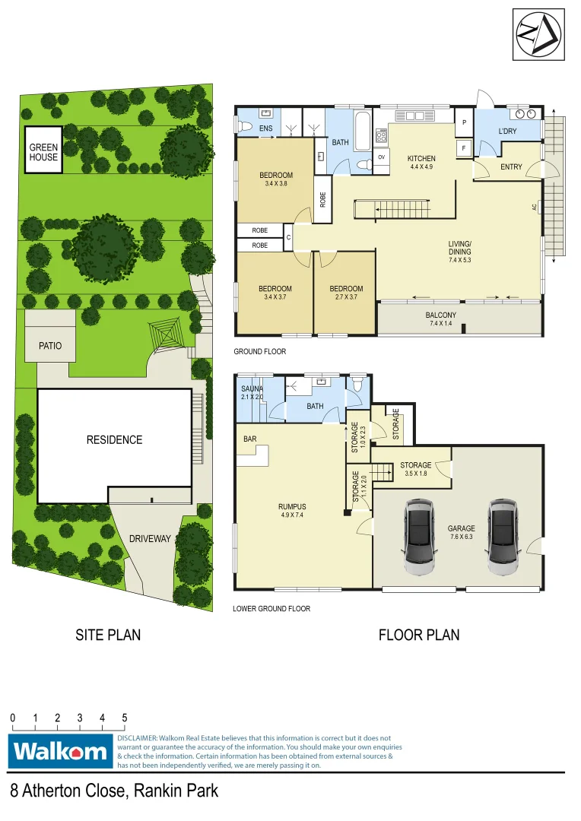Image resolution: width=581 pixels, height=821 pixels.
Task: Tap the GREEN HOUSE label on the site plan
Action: point(43,152)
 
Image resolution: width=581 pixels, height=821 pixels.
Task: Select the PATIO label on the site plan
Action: point(50,346)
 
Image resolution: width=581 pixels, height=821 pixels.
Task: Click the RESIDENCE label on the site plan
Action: point(114,439)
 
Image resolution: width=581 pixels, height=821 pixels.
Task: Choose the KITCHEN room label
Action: point(421,159)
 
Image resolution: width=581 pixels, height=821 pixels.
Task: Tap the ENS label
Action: point(265,128)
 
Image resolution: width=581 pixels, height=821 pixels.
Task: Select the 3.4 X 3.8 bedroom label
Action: point(275,179)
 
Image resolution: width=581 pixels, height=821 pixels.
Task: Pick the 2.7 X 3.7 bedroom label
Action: point(346,293)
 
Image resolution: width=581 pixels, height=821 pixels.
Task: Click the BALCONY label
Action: point(441,319)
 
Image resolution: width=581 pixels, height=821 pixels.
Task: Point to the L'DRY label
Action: point(508,132)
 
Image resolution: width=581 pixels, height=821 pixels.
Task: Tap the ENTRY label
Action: point(511,166)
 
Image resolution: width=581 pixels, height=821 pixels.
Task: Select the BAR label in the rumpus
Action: point(250,439)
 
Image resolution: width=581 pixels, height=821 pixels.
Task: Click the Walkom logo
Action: point(60,752)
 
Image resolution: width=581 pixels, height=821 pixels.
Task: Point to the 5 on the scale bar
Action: point(124,718)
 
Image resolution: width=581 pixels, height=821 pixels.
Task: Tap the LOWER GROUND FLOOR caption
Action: point(272,609)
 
